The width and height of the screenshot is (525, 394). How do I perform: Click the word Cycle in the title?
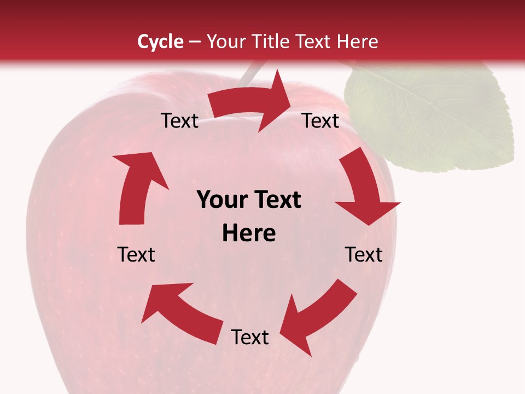click(x=160, y=42)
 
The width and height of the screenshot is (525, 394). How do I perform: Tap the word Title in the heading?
click(x=272, y=42)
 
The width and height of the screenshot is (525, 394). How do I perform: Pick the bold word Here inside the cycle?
click(x=249, y=233)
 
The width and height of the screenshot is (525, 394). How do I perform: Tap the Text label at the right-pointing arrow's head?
click(x=320, y=120)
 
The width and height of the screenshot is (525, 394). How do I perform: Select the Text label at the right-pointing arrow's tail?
click(x=179, y=120)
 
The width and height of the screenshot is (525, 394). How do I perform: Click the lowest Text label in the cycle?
click(x=250, y=337)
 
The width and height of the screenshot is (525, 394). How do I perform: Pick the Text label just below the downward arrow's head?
click(x=364, y=254)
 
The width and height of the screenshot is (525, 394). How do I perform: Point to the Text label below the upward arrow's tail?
click(x=136, y=254)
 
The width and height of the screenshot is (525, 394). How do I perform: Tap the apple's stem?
click(x=249, y=73)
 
